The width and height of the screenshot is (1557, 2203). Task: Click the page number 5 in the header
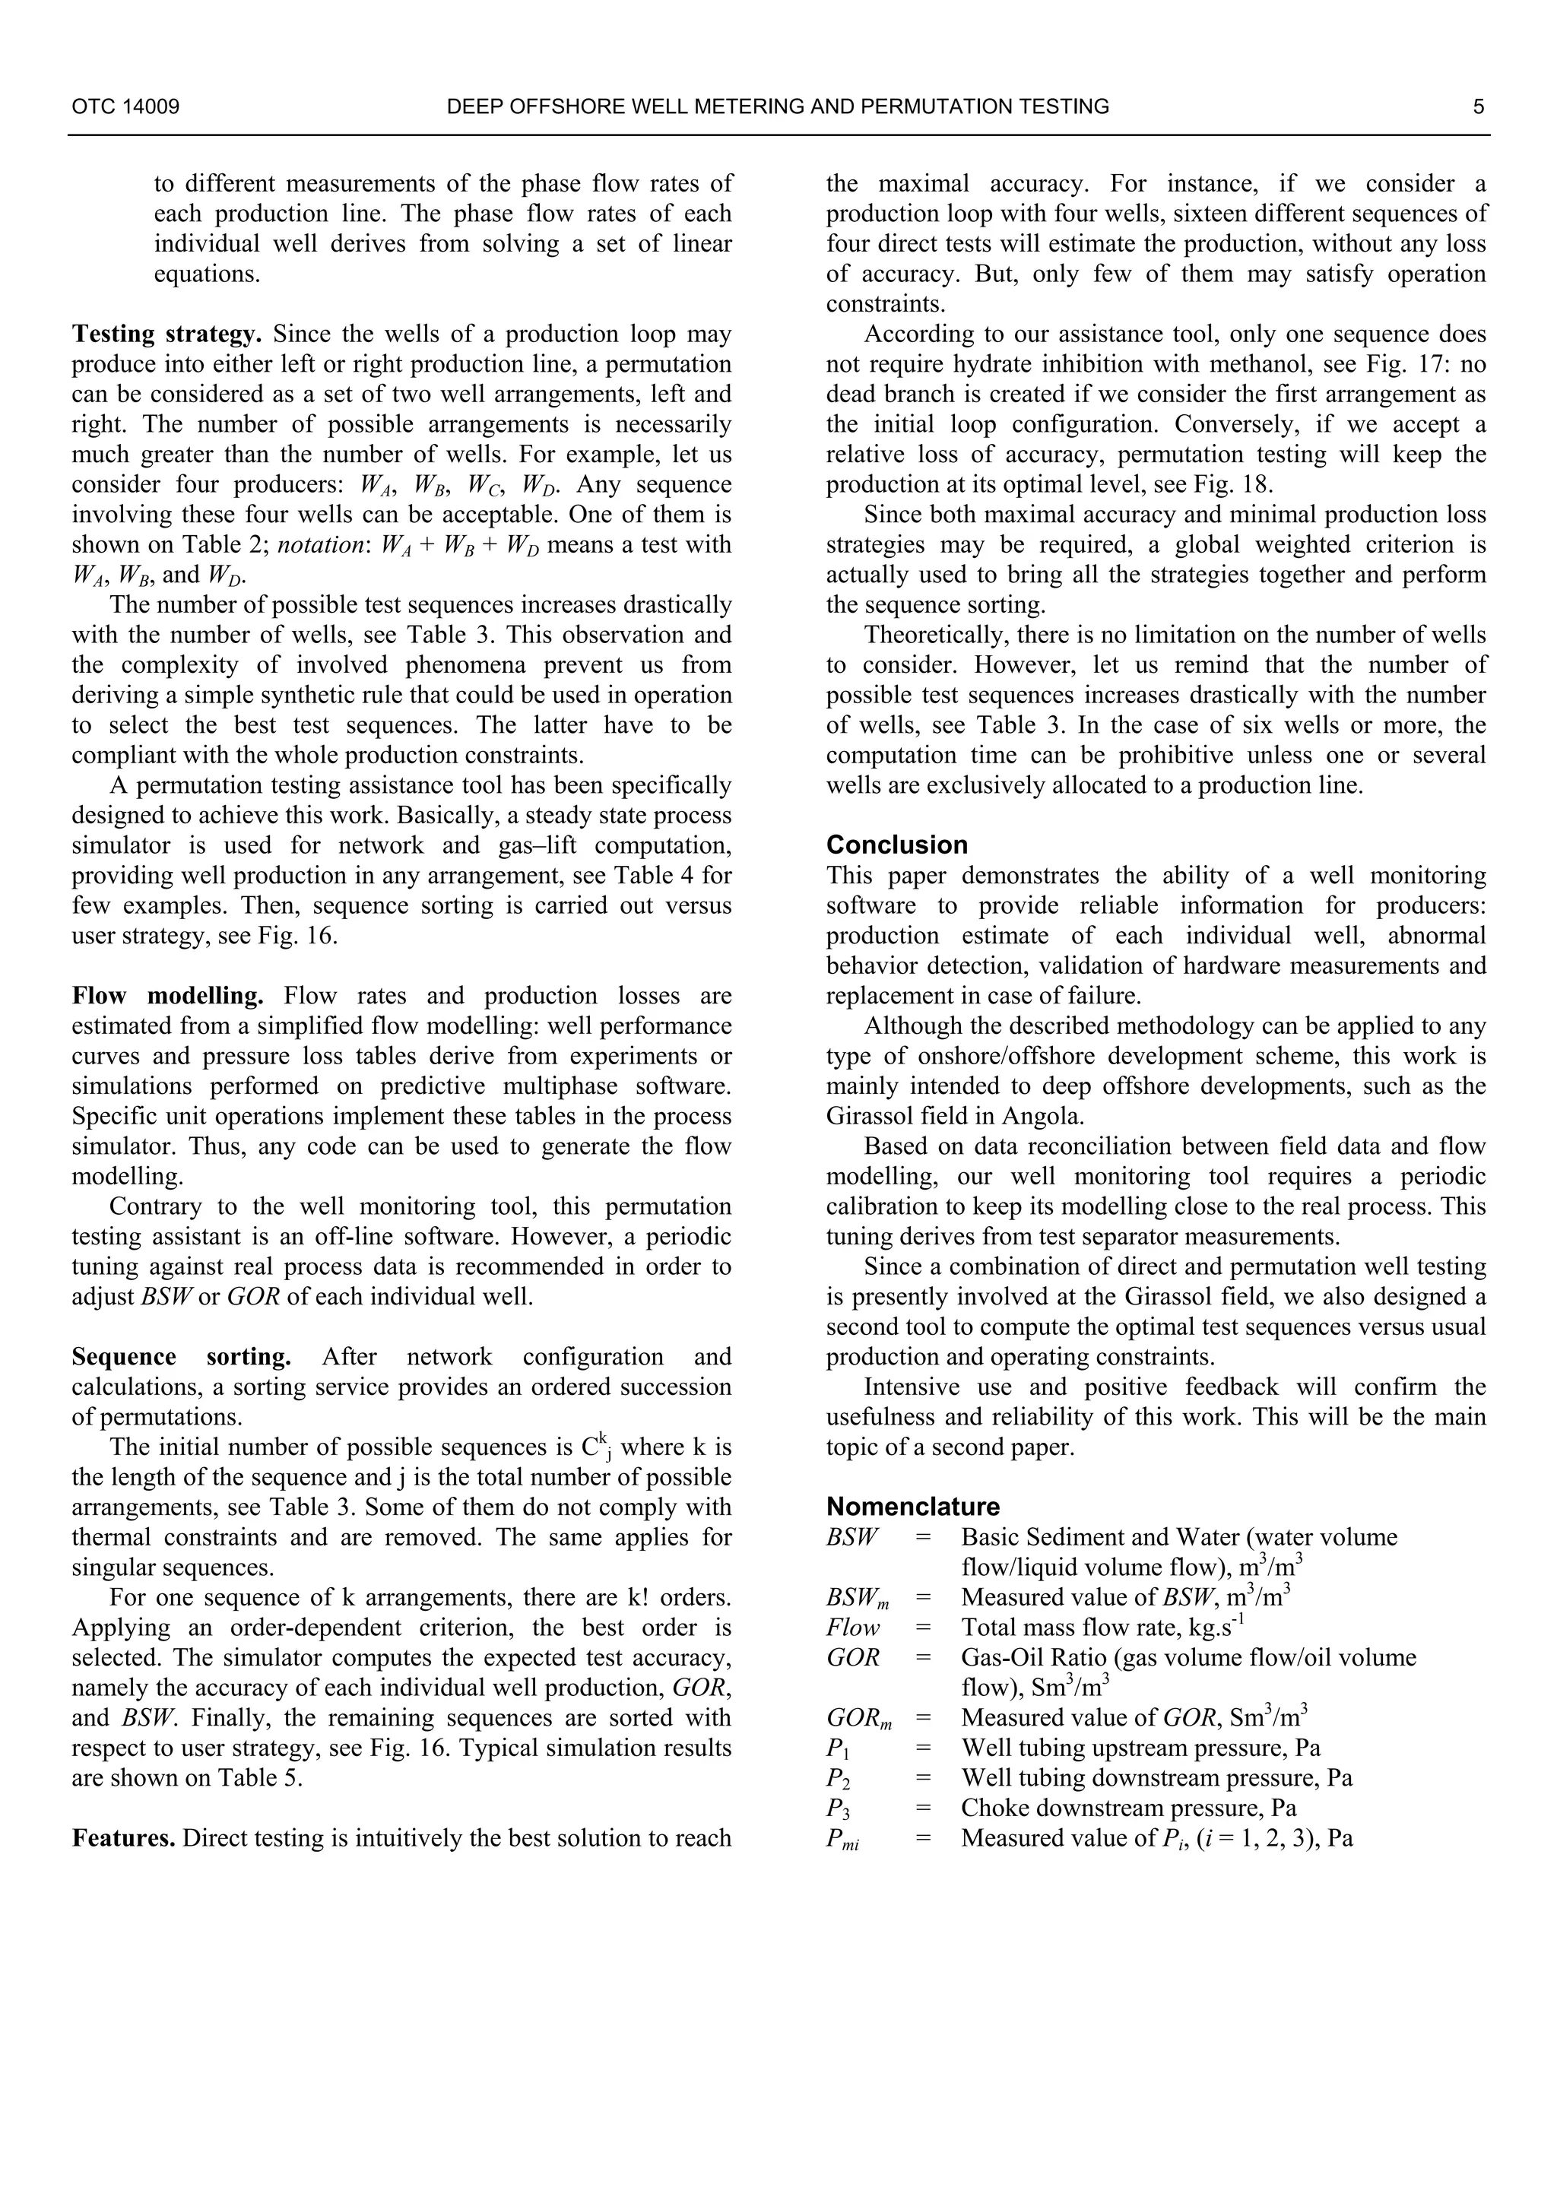(x=1479, y=106)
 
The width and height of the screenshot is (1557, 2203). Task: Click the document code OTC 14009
(x=125, y=106)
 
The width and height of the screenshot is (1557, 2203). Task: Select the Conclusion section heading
(x=896, y=845)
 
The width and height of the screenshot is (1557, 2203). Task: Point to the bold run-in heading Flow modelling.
(x=168, y=996)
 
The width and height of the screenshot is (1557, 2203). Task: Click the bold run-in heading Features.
(x=124, y=1838)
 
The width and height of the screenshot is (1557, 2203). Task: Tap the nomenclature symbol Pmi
(x=842, y=1840)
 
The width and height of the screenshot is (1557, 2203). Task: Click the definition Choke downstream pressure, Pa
(x=1128, y=1808)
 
